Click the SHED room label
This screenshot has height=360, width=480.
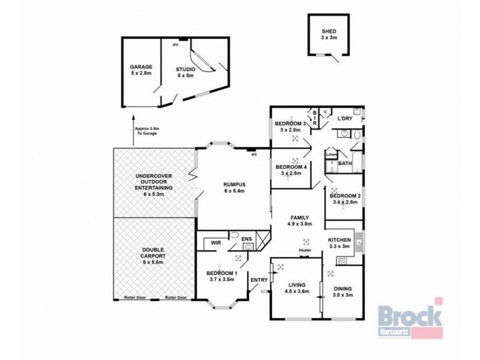(329, 34)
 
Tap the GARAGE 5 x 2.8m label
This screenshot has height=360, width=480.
(142, 70)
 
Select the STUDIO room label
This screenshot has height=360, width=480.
(185, 73)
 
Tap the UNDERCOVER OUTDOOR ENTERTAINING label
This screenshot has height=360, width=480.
(154, 181)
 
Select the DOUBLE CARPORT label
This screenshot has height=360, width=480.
(153, 256)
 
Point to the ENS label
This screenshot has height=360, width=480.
(246, 239)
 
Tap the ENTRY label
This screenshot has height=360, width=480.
(259, 280)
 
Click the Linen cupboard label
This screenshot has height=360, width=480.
(331, 155)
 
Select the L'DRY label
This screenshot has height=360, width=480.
(344, 119)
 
